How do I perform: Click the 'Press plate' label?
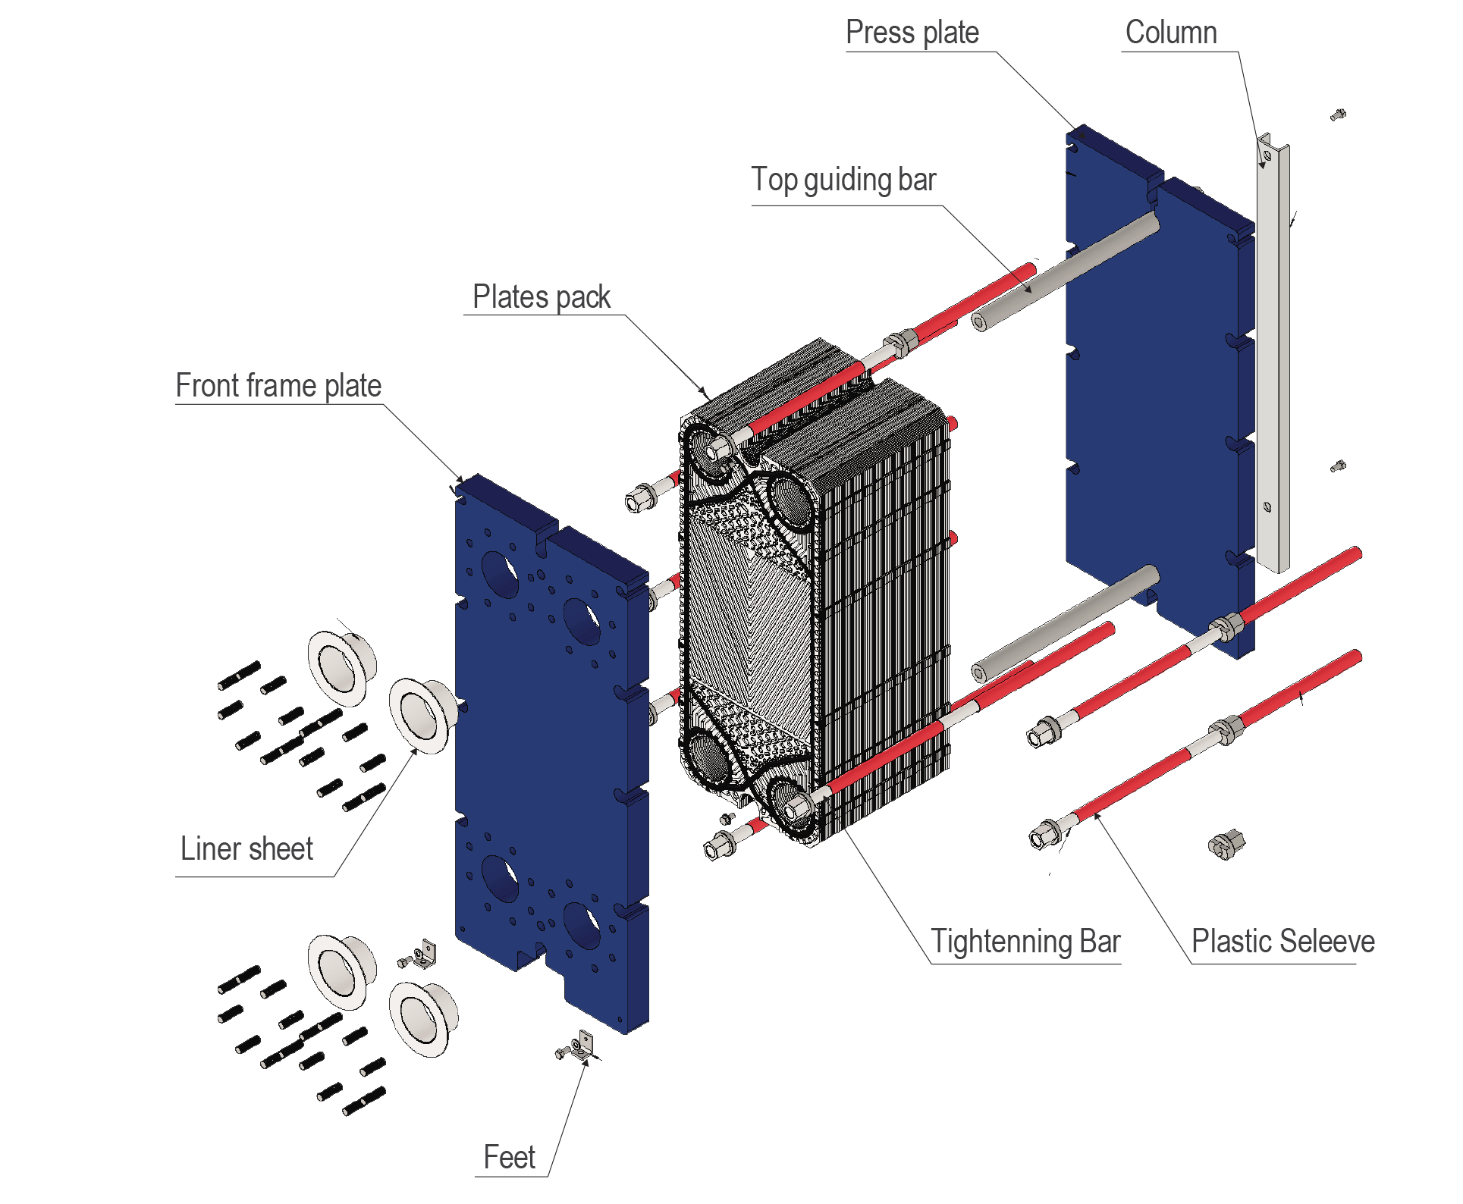(x=912, y=33)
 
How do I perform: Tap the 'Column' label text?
(x=1171, y=33)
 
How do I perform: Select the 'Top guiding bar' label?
(x=843, y=180)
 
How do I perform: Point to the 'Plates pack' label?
(x=542, y=297)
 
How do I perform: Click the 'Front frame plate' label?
(x=278, y=386)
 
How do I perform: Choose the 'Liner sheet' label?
(x=246, y=849)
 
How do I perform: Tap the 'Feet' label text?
(x=510, y=1158)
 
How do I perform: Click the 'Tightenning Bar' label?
(x=1025, y=942)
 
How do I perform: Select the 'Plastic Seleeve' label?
(x=1282, y=942)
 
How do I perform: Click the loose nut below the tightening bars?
(x=1226, y=844)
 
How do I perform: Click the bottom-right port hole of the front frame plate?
(x=581, y=925)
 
